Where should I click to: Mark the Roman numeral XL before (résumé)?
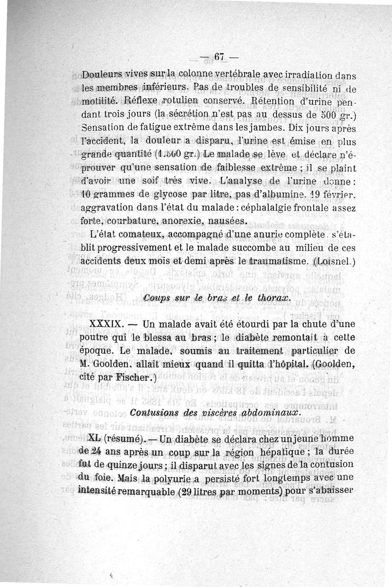93,438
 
